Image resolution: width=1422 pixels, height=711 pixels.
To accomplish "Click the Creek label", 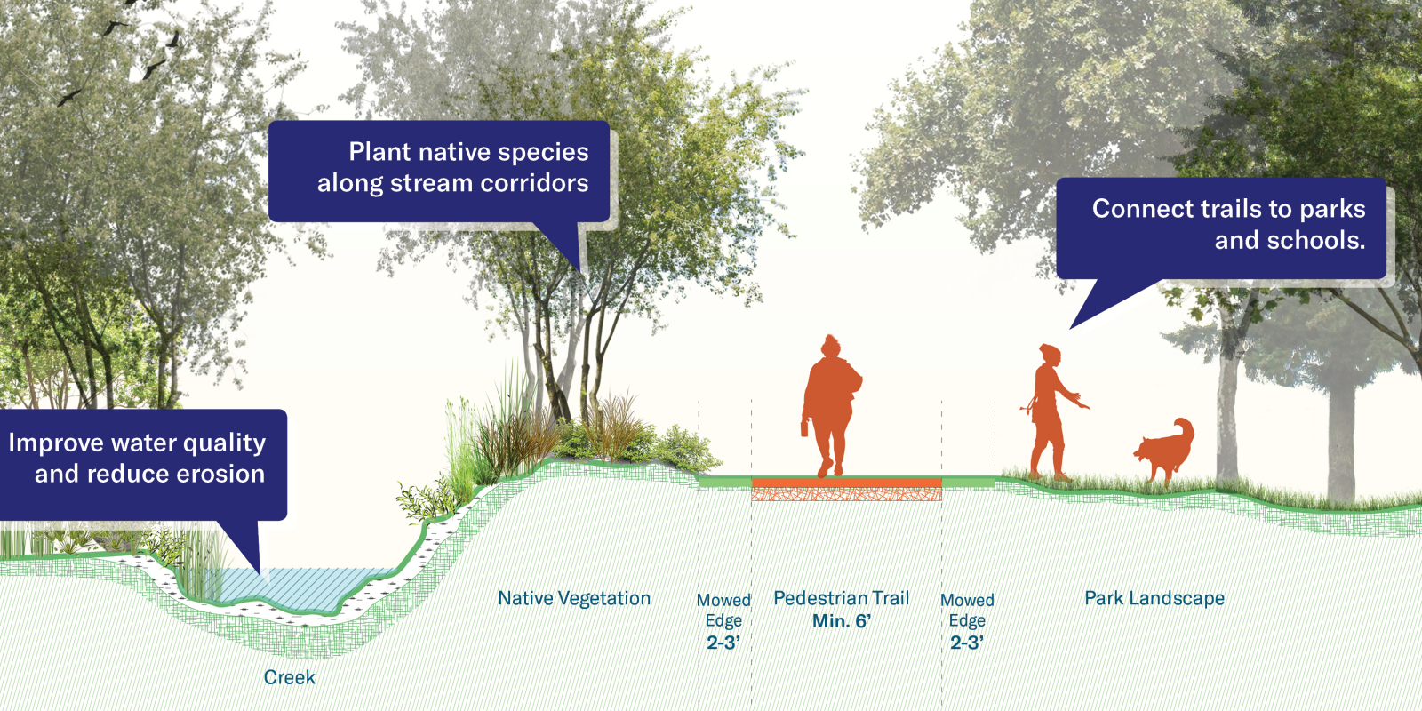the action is coord(289,677).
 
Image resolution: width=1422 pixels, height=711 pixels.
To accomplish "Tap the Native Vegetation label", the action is coord(574,598).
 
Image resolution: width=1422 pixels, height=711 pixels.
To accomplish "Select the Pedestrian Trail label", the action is coord(841,598).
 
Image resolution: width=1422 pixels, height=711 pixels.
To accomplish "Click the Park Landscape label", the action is coord(1154,598).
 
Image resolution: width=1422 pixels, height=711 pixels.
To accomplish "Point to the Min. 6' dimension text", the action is coord(841,621).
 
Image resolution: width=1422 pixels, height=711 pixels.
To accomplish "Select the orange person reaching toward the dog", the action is coord(1054,412).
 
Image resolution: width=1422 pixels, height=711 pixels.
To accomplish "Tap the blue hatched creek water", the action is coord(299,587).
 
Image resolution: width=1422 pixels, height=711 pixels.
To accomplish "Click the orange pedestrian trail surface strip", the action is coord(846,483).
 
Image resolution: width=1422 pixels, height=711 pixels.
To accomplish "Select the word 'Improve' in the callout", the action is coord(55,443).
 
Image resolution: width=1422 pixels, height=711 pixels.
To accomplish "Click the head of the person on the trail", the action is coord(830,347).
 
